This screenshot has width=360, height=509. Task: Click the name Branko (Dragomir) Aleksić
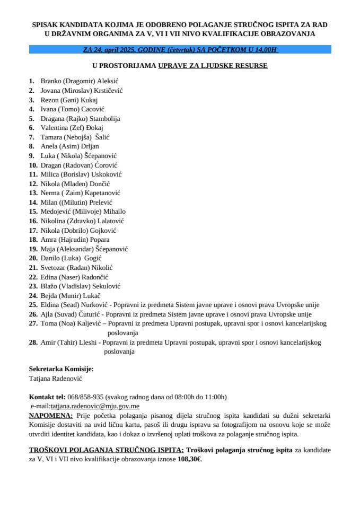pyautogui.click(x=80, y=81)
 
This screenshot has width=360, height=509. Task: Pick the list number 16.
pyautogui.click(x=33, y=221)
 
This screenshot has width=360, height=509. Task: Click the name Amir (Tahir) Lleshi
pyautogui.click(x=69, y=343)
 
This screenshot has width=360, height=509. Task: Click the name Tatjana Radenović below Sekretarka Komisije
pyautogui.click(x=55, y=379)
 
